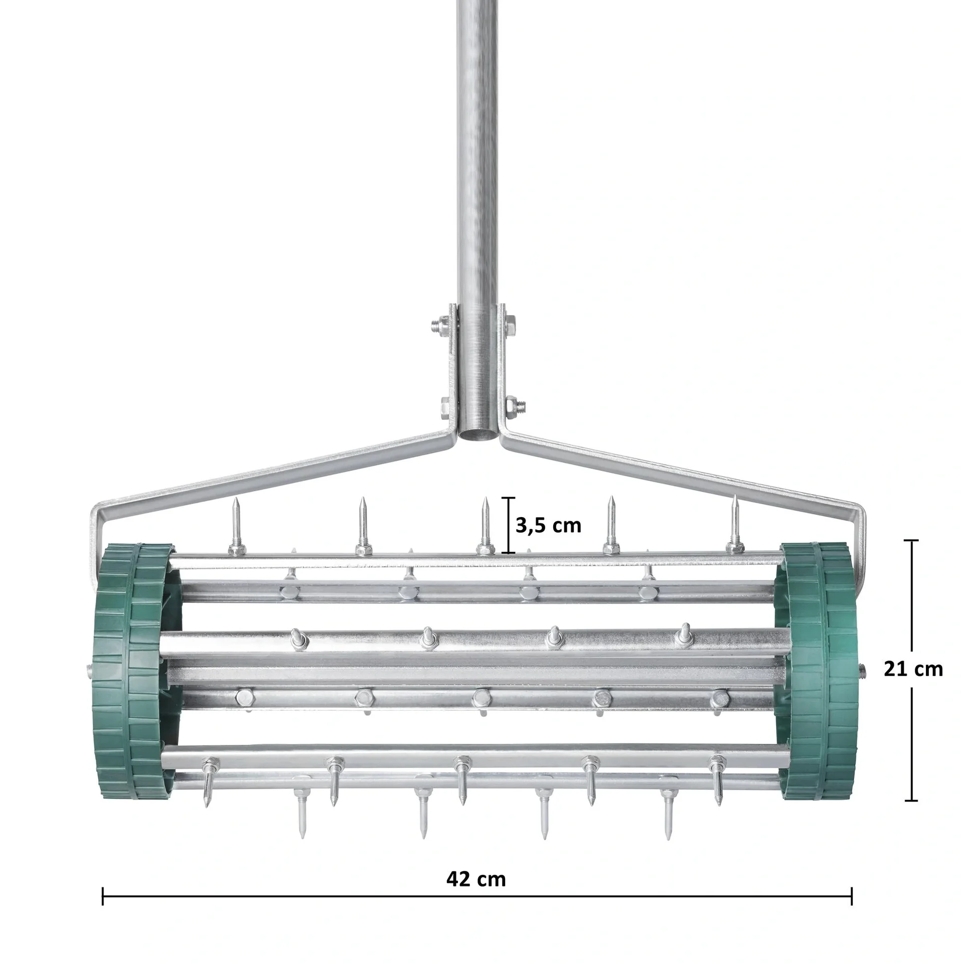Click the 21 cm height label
click(x=913, y=669)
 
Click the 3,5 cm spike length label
click(x=548, y=525)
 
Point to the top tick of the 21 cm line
click(x=911, y=541)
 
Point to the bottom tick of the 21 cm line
click(x=911, y=800)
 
